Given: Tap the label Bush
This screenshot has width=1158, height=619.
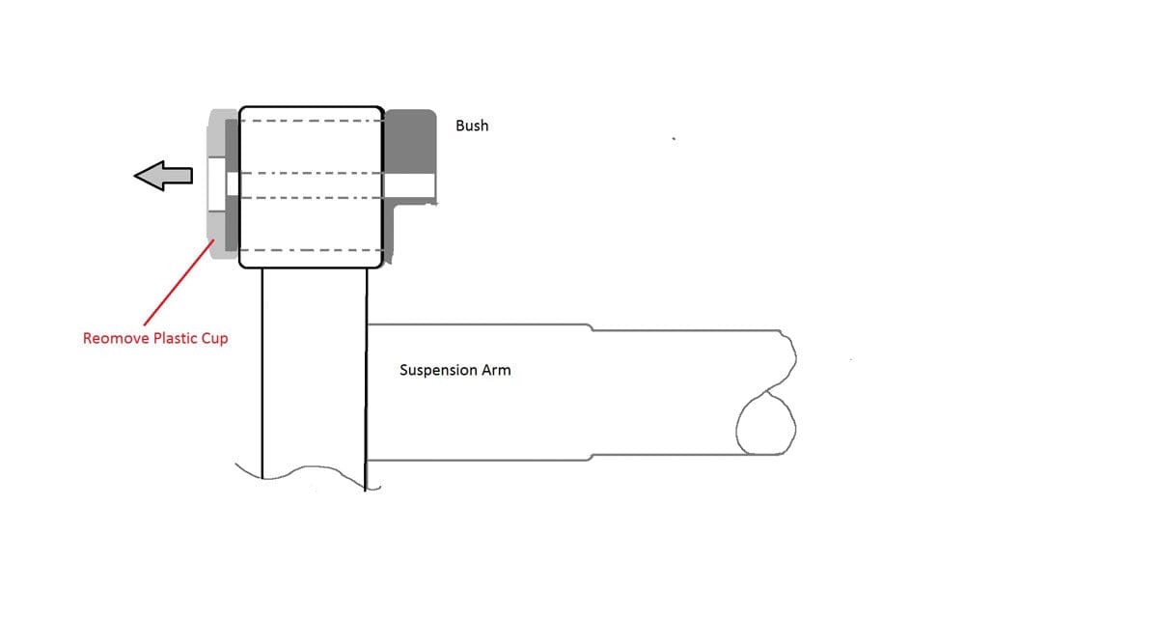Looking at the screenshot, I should click(x=472, y=126).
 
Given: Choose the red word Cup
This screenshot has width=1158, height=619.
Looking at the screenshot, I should click(x=215, y=339).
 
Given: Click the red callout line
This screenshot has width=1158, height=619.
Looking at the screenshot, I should click(x=178, y=282).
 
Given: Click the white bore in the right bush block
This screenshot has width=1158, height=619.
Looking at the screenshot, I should click(x=409, y=185).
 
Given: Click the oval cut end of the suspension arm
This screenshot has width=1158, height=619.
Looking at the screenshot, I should click(x=765, y=423).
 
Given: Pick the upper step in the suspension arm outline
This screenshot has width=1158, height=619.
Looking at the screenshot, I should click(x=592, y=327).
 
